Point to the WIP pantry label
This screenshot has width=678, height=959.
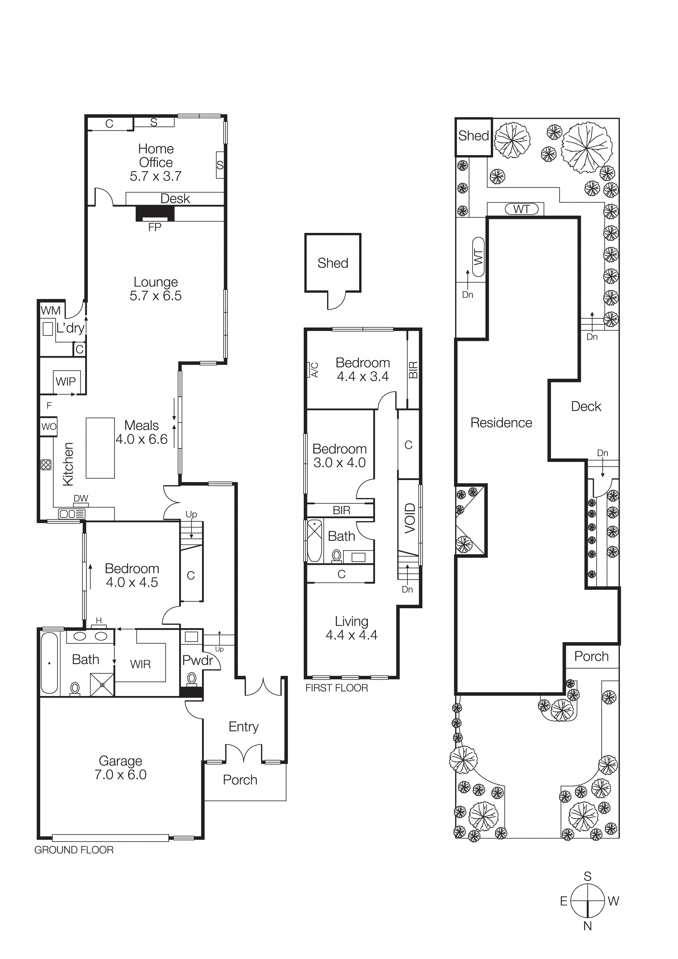66,381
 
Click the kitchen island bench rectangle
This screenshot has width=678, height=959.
100,448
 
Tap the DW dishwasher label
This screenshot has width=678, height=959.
81,498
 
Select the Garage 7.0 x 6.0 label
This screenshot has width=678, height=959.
120,768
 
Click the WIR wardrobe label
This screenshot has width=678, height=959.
140,664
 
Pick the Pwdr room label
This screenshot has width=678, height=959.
198,660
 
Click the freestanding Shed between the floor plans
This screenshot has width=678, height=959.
332,263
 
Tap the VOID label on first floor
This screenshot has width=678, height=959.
410,518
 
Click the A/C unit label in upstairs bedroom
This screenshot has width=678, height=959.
315,370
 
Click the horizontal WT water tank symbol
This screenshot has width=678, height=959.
522,209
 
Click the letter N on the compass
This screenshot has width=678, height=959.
587,926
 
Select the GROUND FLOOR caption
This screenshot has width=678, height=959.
74,850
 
